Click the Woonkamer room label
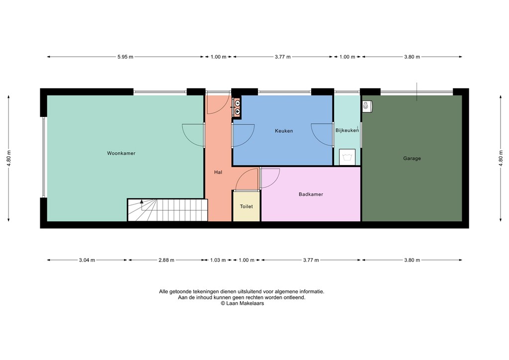point(121,153)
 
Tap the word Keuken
point(284,131)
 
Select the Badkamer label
point(311,194)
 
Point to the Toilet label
point(246,206)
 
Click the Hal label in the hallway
point(218,172)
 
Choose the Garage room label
point(412,159)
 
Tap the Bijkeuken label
point(347,130)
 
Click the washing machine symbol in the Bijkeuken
point(346,157)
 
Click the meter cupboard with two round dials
point(238,107)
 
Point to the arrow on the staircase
point(142,202)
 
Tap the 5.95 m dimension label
point(125,57)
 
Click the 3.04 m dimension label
point(87,260)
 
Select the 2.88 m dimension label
point(167,260)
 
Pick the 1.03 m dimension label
point(218,260)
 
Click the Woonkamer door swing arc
point(192,135)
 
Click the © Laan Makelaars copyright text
point(242,303)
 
